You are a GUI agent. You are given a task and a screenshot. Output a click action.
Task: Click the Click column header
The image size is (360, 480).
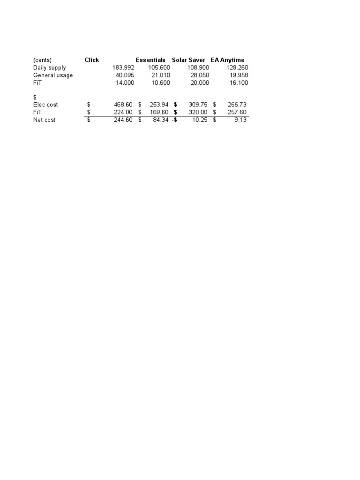(x=92, y=60)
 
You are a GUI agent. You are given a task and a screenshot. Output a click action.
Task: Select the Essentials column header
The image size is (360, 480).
(x=150, y=60)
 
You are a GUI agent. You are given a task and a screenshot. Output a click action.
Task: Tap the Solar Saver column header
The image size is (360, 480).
(x=188, y=60)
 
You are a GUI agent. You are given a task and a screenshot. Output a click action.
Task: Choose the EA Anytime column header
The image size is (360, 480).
(x=227, y=60)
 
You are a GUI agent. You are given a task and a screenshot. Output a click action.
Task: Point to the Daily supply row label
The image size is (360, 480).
(x=49, y=67)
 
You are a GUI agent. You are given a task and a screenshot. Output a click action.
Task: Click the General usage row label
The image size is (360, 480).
(x=53, y=75)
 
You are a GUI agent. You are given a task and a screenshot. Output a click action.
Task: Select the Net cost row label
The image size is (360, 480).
(x=44, y=120)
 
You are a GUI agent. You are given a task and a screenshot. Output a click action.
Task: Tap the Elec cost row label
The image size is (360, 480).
(x=45, y=105)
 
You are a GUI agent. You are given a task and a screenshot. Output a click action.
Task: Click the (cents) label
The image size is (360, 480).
(x=42, y=60)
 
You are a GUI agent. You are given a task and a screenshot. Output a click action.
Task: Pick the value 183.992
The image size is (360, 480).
(x=123, y=67)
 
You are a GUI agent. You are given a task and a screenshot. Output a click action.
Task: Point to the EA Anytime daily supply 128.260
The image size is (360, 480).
(x=237, y=67)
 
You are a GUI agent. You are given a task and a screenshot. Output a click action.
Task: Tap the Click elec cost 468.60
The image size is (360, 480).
(x=124, y=105)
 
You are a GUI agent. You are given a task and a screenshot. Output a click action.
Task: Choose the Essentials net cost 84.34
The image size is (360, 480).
(x=160, y=120)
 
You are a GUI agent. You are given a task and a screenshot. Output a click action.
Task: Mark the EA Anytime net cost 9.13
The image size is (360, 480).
(x=240, y=120)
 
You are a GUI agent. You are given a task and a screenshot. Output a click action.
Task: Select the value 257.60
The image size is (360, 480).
(x=237, y=112)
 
